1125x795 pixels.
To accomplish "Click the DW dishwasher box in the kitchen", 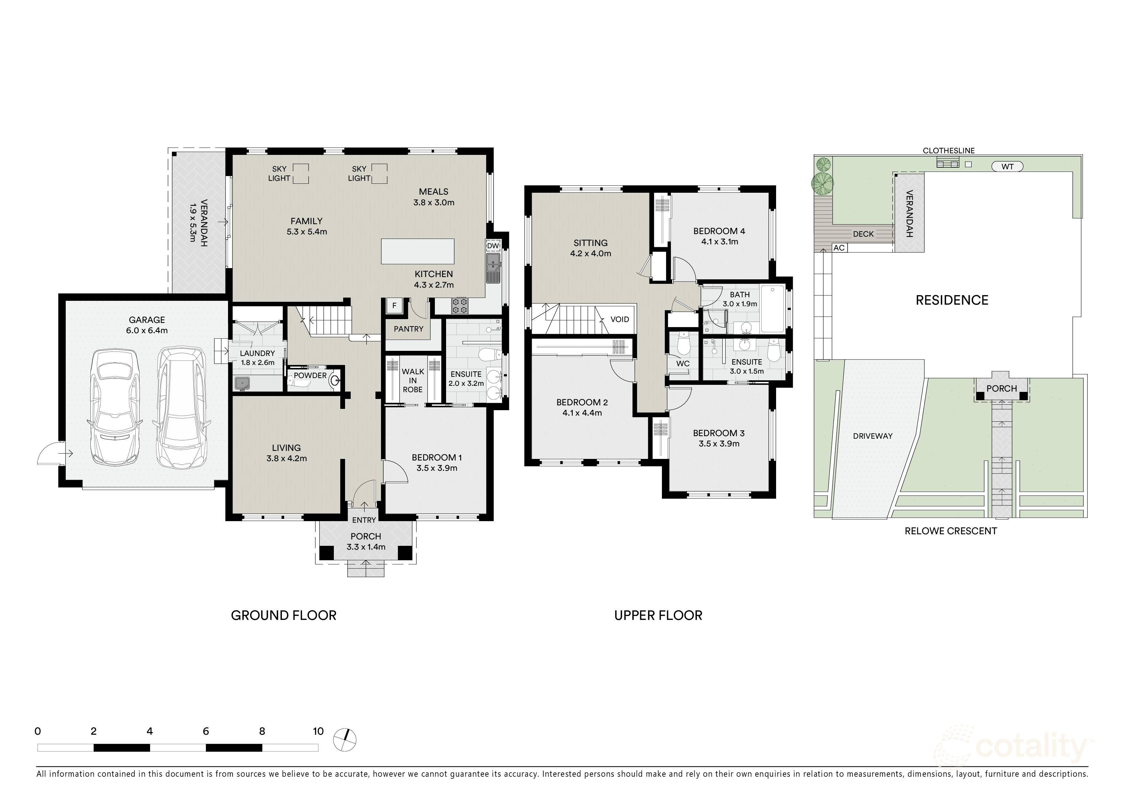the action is (x=493, y=245).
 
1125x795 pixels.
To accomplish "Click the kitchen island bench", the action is (x=418, y=251).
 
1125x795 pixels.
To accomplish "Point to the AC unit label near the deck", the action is (x=839, y=248).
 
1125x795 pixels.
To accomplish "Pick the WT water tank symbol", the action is (x=1007, y=166).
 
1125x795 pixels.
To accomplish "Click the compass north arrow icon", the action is (x=345, y=739).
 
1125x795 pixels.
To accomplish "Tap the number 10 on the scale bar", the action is (x=318, y=731).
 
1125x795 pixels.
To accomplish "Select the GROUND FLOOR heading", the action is (x=284, y=616).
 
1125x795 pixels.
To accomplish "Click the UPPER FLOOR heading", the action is (x=658, y=616).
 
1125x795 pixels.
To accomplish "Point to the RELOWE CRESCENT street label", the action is (x=951, y=531).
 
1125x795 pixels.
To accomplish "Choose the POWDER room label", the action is (x=310, y=376).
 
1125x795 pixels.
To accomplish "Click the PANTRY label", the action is (x=409, y=329).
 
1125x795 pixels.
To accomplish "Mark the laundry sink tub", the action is (x=241, y=383).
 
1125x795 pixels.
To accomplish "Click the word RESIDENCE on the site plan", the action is (x=952, y=300).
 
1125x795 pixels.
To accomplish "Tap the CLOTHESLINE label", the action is (x=949, y=151).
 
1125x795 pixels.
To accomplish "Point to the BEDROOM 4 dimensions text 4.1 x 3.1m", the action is (x=719, y=241).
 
